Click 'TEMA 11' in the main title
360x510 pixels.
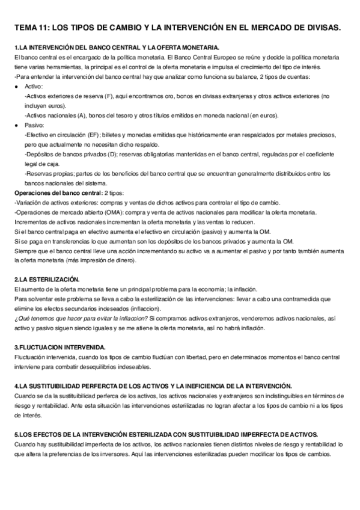(31, 28)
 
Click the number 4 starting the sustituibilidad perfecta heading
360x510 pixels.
(15, 386)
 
